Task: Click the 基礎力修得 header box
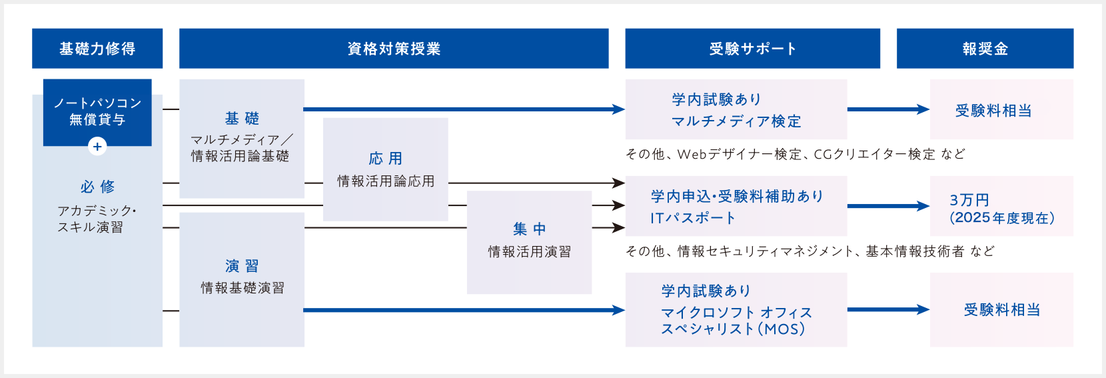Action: click(x=97, y=49)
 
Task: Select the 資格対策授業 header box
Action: click(x=394, y=49)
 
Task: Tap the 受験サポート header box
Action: click(x=752, y=49)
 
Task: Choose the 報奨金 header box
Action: click(x=985, y=49)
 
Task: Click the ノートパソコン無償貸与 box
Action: click(x=97, y=111)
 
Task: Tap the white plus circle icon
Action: click(x=97, y=147)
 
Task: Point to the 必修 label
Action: click(x=97, y=187)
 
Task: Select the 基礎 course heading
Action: click(x=242, y=119)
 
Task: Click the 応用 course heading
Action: click(x=385, y=159)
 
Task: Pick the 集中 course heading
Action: click(x=529, y=229)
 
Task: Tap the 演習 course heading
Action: click(x=242, y=267)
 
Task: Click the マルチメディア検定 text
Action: click(x=736, y=121)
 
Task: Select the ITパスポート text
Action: click(x=693, y=218)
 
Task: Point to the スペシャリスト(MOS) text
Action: click(x=733, y=329)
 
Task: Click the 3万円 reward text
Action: click(x=969, y=200)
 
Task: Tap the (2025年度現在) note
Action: click(x=1002, y=218)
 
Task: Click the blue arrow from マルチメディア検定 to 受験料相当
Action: click(x=888, y=109)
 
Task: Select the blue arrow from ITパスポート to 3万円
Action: click(x=888, y=206)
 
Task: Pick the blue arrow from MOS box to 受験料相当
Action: click(x=888, y=309)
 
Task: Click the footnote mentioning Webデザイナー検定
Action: click(x=795, y=154)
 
